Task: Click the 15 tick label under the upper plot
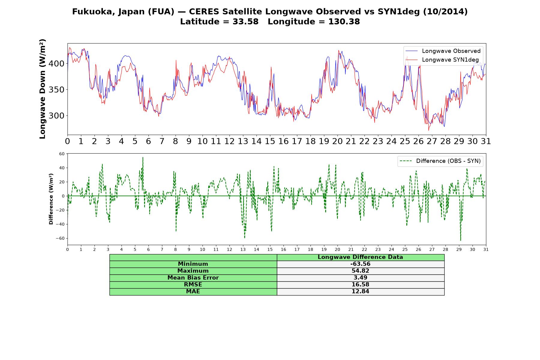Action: (270, 141)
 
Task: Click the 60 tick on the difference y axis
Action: (62, 154)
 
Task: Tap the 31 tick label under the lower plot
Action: (486, 250)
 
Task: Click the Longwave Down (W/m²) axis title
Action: (43, 89)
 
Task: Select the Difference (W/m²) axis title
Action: (51, 199)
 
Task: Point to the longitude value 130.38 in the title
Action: (343, 22)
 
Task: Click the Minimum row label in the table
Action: (193, 264)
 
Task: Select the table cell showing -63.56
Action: (360, 264)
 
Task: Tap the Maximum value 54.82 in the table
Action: (360, 271)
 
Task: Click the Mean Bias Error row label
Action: (193, 278)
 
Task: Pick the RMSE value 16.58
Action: (360, 285)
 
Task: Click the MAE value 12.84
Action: (360, 292)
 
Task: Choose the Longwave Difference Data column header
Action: (360, 257)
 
